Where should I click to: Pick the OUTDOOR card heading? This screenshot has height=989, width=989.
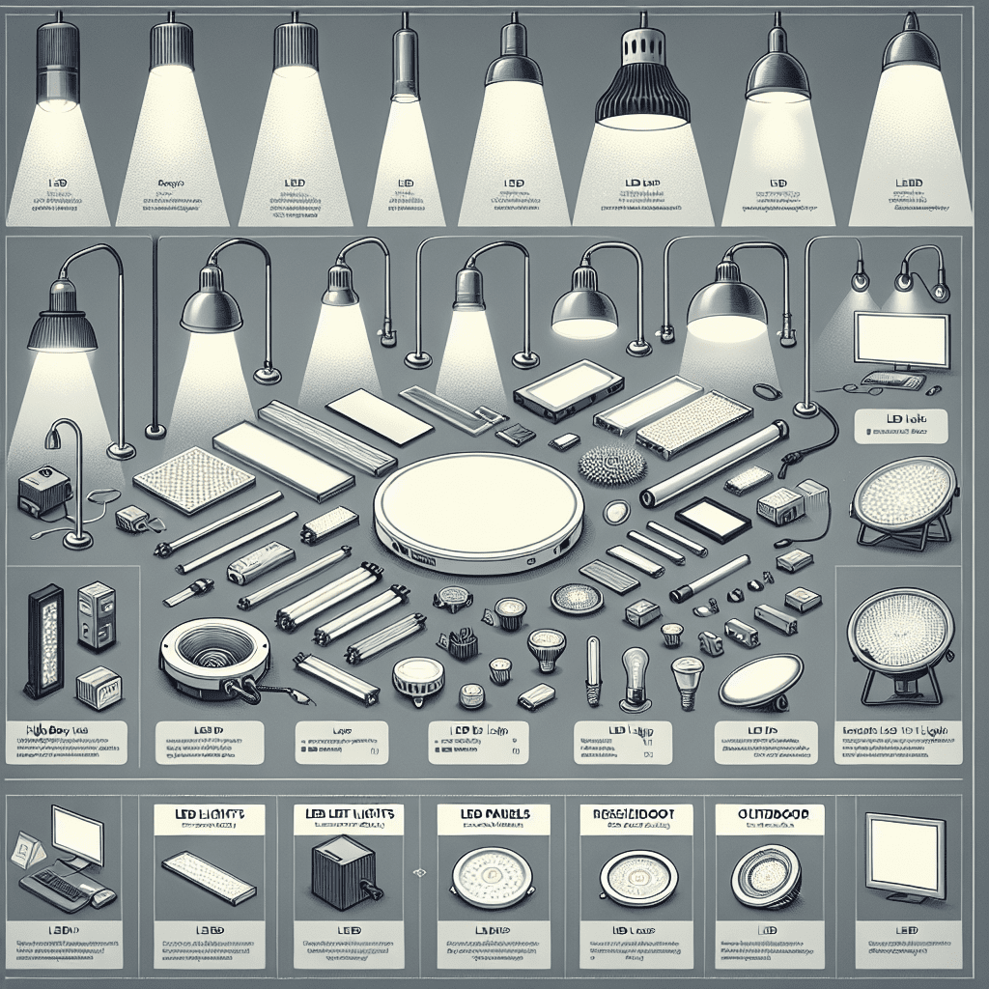(x=770, y=813)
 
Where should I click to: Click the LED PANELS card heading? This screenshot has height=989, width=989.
(x=493, y=815)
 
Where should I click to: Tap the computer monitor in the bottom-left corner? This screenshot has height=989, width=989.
(x=77, y=836)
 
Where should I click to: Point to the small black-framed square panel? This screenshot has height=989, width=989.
(x=713, y=520)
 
